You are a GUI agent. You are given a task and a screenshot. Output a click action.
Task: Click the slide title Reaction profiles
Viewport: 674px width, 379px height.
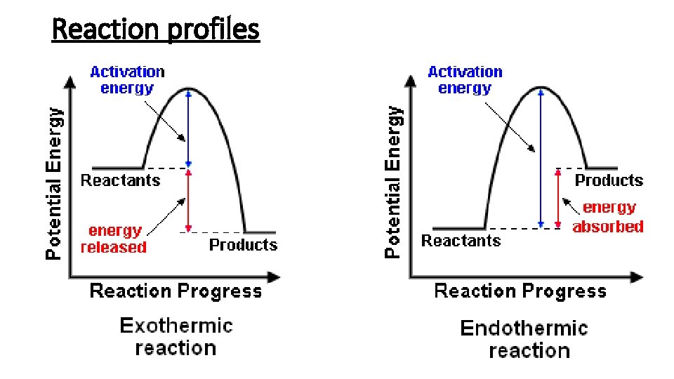[156, 29]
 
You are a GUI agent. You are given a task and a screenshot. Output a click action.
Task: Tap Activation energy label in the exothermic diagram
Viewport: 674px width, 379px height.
[127, 79]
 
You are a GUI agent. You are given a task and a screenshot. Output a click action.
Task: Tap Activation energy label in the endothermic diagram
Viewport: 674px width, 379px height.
[465, 79]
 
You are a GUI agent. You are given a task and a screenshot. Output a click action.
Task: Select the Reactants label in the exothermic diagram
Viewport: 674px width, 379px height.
[120, 180]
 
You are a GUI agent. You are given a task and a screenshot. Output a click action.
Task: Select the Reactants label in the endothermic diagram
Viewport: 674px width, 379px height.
[461, 241]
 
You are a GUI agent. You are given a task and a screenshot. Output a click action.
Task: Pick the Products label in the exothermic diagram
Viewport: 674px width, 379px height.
[243, 245]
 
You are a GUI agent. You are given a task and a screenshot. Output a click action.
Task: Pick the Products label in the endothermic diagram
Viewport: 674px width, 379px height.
[609, 180]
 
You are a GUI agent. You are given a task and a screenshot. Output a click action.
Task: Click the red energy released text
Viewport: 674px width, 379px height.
[114, 239]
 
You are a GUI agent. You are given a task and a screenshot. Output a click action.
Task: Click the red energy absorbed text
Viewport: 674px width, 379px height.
[608, 217]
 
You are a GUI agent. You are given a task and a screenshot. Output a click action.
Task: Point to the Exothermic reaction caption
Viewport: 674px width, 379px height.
[176, 337]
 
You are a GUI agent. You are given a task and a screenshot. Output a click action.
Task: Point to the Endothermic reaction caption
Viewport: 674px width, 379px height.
[524, 339]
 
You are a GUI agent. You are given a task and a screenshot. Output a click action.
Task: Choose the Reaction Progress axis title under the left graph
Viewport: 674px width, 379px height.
[176, 291]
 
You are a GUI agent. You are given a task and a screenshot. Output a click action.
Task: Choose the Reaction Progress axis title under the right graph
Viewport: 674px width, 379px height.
[520, 291]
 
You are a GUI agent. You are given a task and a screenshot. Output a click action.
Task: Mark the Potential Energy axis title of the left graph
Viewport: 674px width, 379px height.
[53, 182]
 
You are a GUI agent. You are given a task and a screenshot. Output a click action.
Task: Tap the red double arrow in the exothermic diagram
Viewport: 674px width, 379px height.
[188, 201]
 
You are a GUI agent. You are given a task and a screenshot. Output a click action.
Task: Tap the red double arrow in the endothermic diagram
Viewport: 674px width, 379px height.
[558, 198]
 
